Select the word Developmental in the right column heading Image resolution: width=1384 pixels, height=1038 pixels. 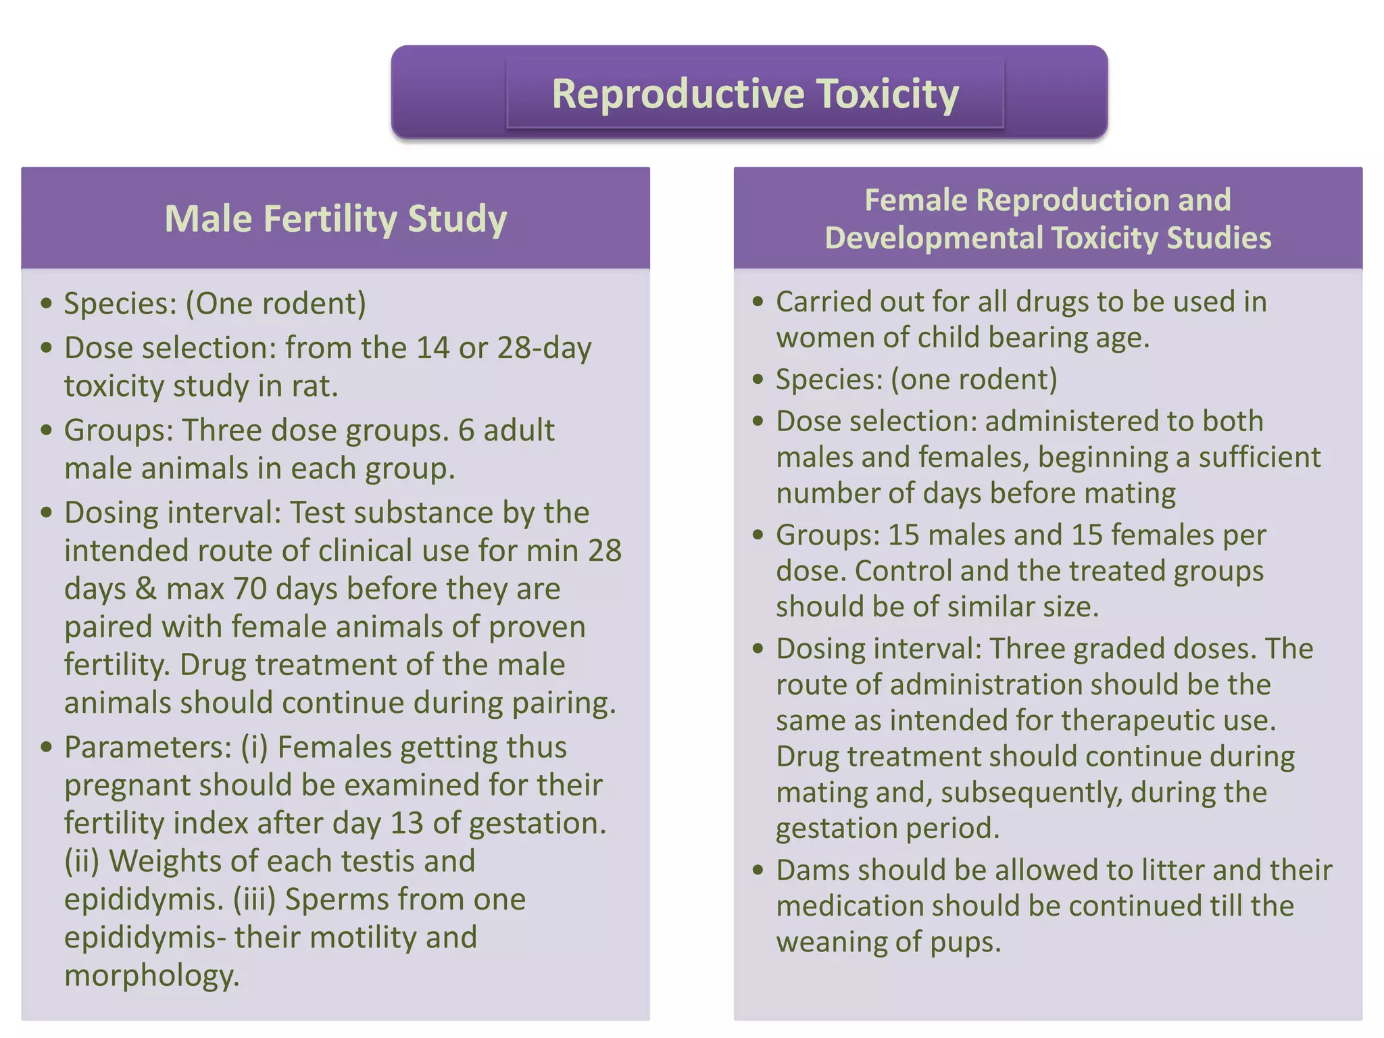(933, 238)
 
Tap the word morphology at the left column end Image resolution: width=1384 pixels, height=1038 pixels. (151, 975)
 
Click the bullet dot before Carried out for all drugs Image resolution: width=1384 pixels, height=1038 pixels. (758, 302)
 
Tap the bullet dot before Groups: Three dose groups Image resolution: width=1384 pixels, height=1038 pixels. (46, 430)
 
